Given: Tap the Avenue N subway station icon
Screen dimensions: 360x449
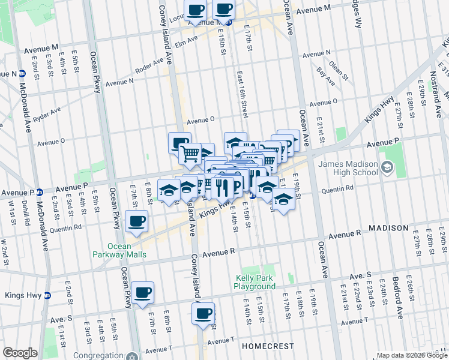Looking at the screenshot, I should click(22, 74).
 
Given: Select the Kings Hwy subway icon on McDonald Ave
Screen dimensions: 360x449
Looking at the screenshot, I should click(47, 295).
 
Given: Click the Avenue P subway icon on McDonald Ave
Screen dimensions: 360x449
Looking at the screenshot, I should click(39, 192).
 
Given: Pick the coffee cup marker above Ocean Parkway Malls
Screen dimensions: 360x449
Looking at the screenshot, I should click(137, 221).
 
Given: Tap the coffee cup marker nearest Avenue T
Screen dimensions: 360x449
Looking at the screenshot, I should click(203, 313).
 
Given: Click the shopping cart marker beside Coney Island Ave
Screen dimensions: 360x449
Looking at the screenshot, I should click(190, 154).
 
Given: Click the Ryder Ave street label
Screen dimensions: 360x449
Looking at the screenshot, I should click(47, 115).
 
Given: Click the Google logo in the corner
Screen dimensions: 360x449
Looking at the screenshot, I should click(20, 353).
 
